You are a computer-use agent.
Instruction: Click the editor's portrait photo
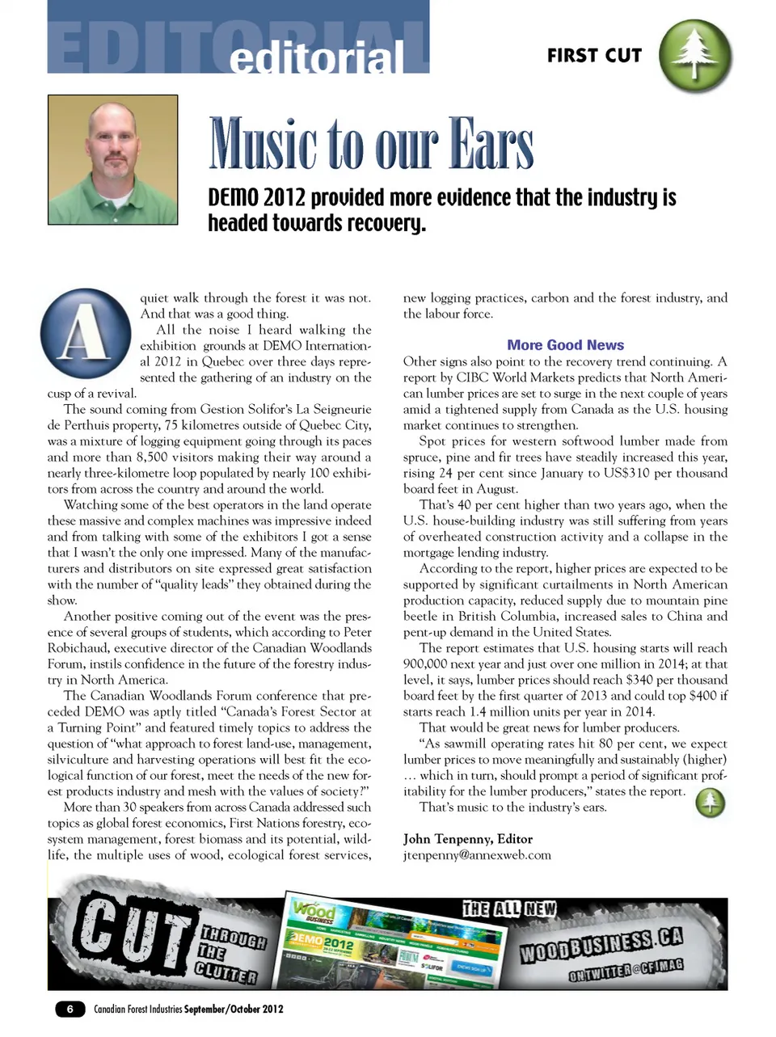click(x=112, y=159)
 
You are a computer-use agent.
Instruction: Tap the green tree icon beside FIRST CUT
click(x=695, y=56)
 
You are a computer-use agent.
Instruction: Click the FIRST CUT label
click(x=594, y=56)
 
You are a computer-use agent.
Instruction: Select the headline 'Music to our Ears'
click(x=371, y=145)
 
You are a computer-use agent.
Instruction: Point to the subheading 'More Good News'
click(x=565, y=345)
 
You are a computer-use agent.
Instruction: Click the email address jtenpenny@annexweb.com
click(x=477, y=855)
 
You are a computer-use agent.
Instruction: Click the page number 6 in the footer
click(x=70, y=1009)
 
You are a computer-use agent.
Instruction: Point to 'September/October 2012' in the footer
click(x=234, y=1009)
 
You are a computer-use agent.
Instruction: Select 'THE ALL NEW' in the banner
click(x=508, y=909)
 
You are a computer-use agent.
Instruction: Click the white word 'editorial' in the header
click(x=316, y=57)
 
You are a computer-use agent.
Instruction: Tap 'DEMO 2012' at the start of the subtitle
click(x=256, y=198)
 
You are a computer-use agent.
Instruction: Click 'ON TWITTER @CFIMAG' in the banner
click(x=626, y=970)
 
